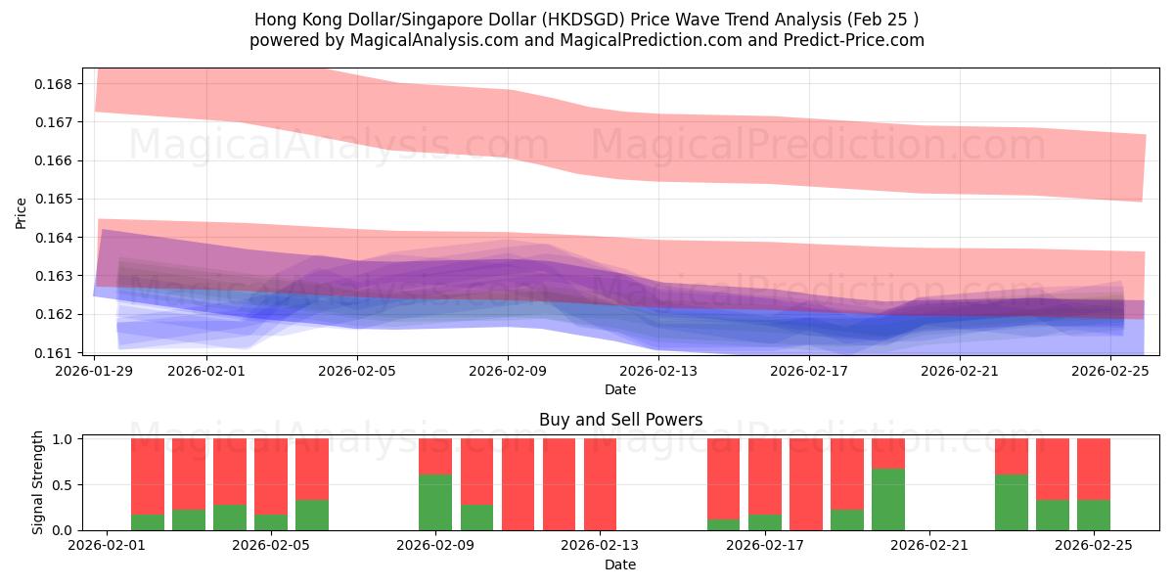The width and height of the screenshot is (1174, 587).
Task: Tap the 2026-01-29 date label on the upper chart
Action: [x=95, y=371]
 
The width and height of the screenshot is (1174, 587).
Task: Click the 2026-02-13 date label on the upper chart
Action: [x=658, y=371]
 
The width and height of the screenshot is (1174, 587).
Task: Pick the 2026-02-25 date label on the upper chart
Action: [x=1110, y=371]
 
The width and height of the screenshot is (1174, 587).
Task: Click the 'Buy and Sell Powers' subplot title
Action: [x=620, y=420]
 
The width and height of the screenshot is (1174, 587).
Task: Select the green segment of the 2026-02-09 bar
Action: [x=435, y=502]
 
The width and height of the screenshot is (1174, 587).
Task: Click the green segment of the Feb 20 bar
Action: [x=888, y=499]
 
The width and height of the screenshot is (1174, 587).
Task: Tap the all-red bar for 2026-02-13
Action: [x=600, y=484]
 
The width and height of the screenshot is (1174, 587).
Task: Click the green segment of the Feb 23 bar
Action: [x=1012, y=502]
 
